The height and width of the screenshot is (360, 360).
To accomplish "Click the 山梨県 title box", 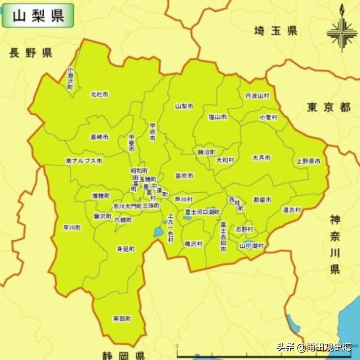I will pos(38,15).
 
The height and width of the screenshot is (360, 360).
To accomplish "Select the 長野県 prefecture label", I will pos(30,53).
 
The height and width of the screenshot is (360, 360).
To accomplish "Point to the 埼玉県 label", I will pos(276,31).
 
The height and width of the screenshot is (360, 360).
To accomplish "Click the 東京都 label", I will pos(329,107).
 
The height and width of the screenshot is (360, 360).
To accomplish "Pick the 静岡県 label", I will pos(123,355).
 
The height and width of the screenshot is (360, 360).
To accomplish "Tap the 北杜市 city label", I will pos(100,94).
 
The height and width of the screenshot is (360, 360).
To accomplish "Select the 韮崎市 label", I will pos(100,137).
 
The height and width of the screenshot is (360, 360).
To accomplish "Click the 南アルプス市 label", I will pos(84,160).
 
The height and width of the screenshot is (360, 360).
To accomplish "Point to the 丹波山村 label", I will pos(257,96).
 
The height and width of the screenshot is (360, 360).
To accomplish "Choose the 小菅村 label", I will pos(268,118).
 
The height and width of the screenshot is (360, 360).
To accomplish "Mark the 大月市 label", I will pos(261,158).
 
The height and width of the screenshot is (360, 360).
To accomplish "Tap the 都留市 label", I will pos(262,200).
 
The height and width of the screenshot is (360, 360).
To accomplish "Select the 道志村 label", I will pos(291,209).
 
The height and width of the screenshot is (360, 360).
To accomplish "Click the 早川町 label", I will pos(72,228).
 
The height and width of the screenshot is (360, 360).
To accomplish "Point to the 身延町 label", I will pos(126,249).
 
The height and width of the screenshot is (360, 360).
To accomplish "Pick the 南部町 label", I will pos(122,318).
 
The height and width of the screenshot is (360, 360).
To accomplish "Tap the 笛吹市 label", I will pos(184,176).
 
